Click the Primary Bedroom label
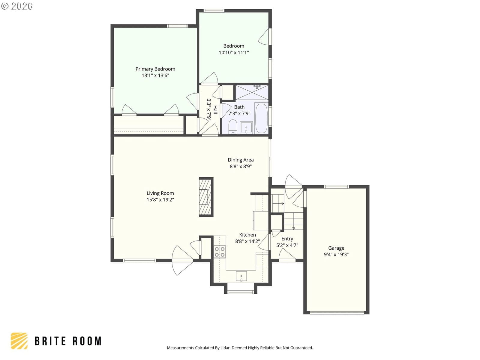tap(155, 69)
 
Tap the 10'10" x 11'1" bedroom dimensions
tap(234, 52)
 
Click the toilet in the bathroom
tap(233, 126)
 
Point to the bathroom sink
tap(246, 128)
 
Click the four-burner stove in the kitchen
tap(220, 252)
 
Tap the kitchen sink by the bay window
tap(241, 276)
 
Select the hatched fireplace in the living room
tap(206, 197)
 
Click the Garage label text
tap(336, 248)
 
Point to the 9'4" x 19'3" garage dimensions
tap(336, 254)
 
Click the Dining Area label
tap(241, 160)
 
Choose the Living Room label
tap(160, 193)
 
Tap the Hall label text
tap(215, 109)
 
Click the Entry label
tap(287, 239)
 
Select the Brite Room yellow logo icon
tap(19, 341)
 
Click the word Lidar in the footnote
tap(226, 347)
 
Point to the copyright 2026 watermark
tap(17, 6)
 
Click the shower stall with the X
tap(252, 92)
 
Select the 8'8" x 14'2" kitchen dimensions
tap(247, 241)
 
